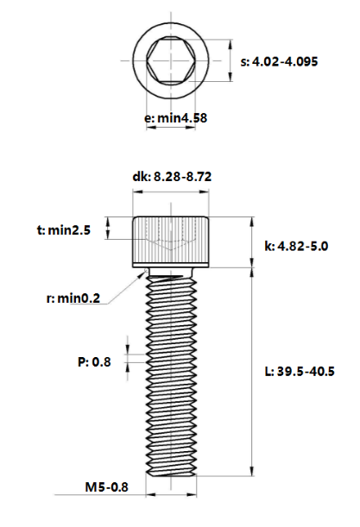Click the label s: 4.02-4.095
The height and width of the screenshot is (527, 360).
pyautogui.click(x=279, y=62)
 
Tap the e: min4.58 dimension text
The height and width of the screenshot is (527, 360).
pyautogui.click(x=175, y=118)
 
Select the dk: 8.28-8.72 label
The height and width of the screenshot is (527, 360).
pyautogui.click(x=172, y=177)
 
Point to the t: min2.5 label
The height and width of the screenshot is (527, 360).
pyautogui.click(x=64, y=230)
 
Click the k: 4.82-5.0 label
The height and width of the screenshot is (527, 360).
pyautogui.click(x=296, y=247)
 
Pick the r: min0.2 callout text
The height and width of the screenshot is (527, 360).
pyautogui.click(x=73, y=298)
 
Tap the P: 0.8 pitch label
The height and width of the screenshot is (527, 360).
pyautogui.click(x=94, y=362)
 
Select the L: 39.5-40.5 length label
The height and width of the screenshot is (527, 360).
pyautogui.click(x=300, y=372)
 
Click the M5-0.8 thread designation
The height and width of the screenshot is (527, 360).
pyautogui.click(x=107, y=487)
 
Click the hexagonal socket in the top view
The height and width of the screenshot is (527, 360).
pyautogui.click(x=171, y=60)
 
